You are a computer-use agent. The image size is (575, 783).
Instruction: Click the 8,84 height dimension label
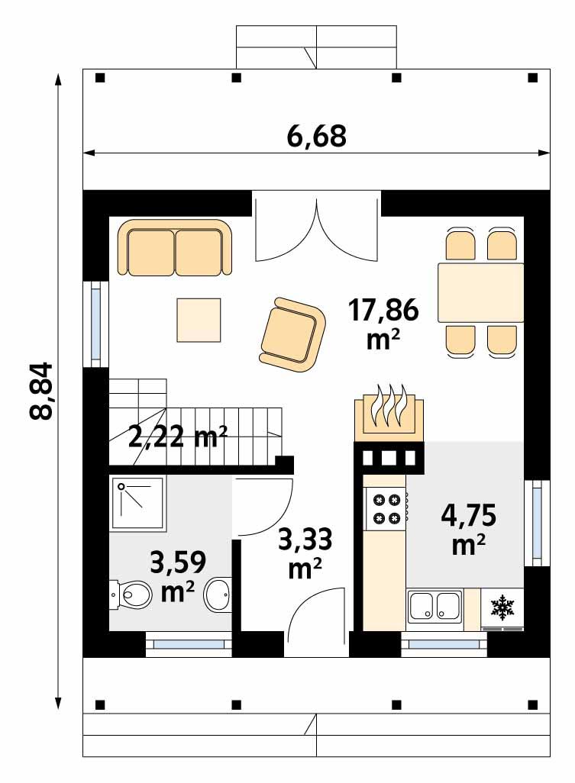(x=42, y=390)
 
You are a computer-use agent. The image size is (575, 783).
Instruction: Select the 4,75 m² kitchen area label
(x=468, y=528)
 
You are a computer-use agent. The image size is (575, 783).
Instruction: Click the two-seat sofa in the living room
(x=176, y=248)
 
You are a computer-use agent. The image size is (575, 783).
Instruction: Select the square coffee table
(x=199, y=320)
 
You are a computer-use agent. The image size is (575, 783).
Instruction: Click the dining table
(x=480, y=293)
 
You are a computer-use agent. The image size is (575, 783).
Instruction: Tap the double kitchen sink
(x=434, y=607)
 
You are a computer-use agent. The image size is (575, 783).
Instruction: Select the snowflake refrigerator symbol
(x=502, y=607)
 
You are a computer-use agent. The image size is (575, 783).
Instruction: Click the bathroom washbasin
(x=219, y=593)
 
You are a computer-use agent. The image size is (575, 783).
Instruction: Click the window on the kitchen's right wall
(x=536, y=524)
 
